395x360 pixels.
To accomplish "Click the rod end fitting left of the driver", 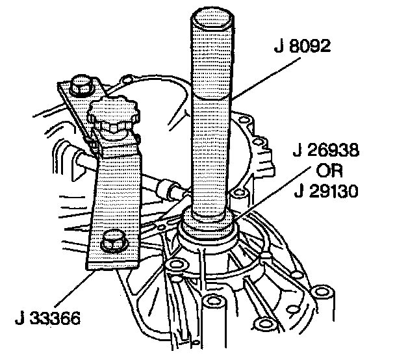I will [173, 190].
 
